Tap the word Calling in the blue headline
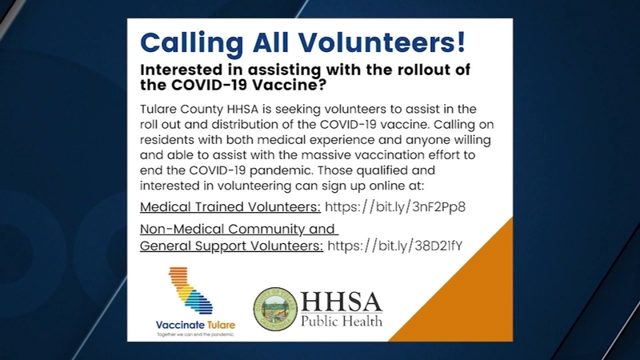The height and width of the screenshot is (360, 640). click(x=192, y=43)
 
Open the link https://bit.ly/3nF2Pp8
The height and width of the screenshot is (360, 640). click(x=395, y=207)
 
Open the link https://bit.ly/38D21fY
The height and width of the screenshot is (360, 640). click(x=395, y=246)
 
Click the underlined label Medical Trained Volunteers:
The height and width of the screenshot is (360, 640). click(x=230, y=207)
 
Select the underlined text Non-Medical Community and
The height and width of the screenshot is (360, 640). click(x=239, y=229)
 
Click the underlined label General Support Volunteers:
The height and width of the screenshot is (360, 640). click(x=231, y=246)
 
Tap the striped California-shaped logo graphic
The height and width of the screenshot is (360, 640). click(x=190, y=290)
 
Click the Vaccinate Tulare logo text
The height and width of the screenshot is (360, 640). click(x=195, y=326)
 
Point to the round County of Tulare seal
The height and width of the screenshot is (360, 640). click(x=275, y=309)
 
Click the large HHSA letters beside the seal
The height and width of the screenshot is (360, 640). click(x=342, y=302)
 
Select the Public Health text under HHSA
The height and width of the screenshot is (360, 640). click(x=342, y=321)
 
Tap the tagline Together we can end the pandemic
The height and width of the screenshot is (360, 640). click(x=196, y=334)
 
